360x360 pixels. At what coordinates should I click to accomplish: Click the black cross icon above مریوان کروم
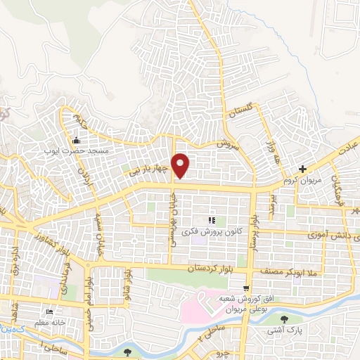click(x=302, y=169)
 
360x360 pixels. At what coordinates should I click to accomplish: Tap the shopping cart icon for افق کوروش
click(x=245, y=288)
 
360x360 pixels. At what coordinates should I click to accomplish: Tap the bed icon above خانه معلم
click(x=49, y=311)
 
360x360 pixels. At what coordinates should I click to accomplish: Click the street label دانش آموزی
click(x=331, y=237)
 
